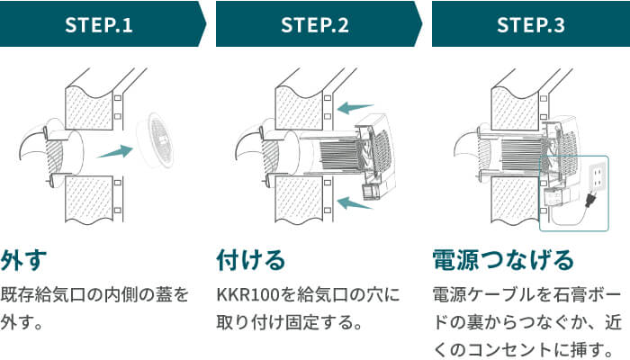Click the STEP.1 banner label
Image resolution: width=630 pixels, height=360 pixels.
(x=99, y=24)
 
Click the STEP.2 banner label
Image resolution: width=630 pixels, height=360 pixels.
(x=315, y=24)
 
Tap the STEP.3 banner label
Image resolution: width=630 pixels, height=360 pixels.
(x=531, y=24)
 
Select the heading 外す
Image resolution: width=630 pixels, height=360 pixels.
(x=22, y=260)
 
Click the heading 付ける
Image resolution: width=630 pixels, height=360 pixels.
(x=251, y=260)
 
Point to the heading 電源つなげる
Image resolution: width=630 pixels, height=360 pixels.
(x=503, y=260)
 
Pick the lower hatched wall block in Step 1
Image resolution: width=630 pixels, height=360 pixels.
(x=91, y=199)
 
